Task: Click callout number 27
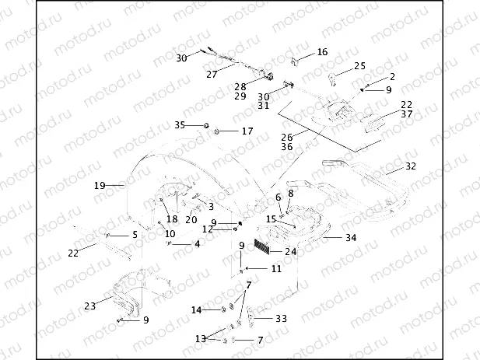(x=211, y=75)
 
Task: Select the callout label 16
(x=322, y=52)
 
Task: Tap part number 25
(x=359, y=66)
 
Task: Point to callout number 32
(x=411, y=166)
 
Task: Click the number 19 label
(x=100, y=186)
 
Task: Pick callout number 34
(x=351, y=237)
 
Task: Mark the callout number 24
(x=290, y=251)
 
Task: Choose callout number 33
(x=281, y=318)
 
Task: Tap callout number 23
(x=90, y=306)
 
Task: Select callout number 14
(x=198, y=310)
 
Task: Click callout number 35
(x=180, y=124)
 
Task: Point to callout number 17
(x=247, y=131)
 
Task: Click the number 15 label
(x=271, y=219)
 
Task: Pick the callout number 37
(x=406, y=114)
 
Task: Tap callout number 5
(x=134, y=234)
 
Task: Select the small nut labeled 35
(x=205, y=125)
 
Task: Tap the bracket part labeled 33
(x=256, y=318)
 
